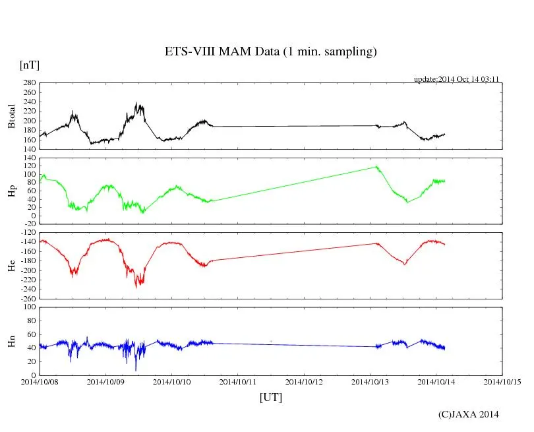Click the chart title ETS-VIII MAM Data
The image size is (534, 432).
pyautogui.click(x=270, y=52)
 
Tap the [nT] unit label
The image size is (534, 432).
pyautogui.click(x=29, y=65)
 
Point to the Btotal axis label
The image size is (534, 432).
pyautogui.click(x=11, y=116)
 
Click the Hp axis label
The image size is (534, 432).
pyautogui.click(x=11, y=191)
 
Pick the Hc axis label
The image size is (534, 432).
pyautogui.click(x=11, y=265)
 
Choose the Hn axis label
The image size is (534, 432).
pyautogui.click(x=11, y=341)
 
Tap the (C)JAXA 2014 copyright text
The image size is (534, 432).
pyautogui.click(x=469, y=414)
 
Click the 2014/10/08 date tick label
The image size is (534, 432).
pyautogui.click(x=40, y=381)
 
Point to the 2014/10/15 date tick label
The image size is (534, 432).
pyautogui.click(x=502, y=381)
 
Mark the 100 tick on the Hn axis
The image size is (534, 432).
pyautogui.click(x=29, y=307)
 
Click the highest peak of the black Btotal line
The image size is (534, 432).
pyautogui.click(x=136, y=103)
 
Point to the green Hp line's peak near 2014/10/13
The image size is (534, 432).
pyautogui.click(x=376, y=166)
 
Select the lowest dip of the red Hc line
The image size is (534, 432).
pyautogui.click(x=136, y=288)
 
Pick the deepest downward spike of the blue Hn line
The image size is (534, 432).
pyautogui.click(x=136, y=371)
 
